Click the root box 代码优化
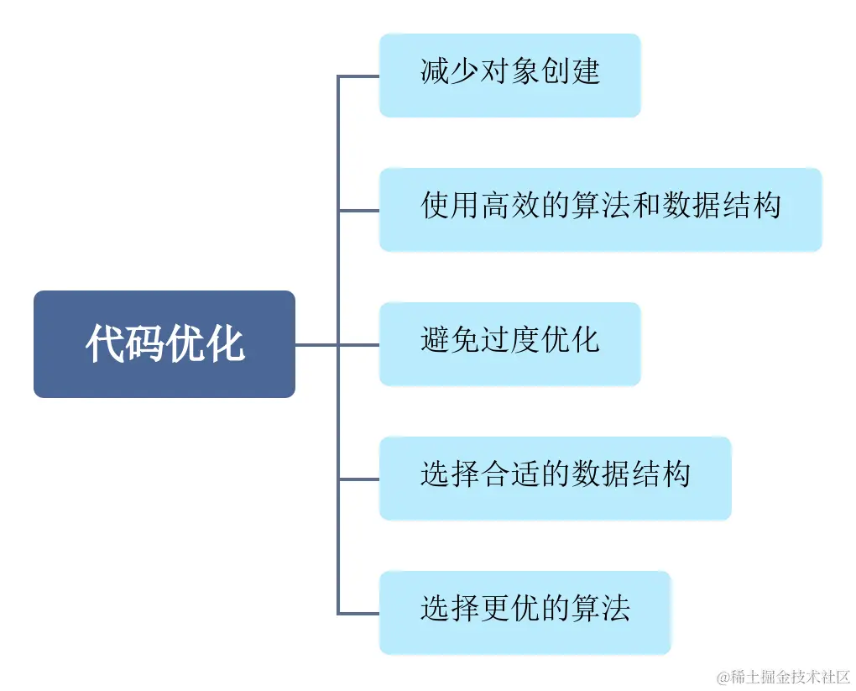tap(164, 343)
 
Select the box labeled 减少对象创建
tap(509, 76)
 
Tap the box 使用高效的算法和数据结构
tap(600, 209)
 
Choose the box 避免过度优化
tap(509, 343)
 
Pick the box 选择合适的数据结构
tap(555, 478)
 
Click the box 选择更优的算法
tap(525, 612)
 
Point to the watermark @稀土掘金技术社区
tap(784, 675)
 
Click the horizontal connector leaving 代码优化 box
tap(316, 344)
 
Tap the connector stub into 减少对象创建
tap(359, 76)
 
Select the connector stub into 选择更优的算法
tap(359, 613)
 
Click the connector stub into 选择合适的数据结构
tap(359, 479)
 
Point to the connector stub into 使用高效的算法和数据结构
tap(359, 210)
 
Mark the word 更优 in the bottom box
tap(510, 609)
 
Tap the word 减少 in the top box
tap(450, 71)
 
